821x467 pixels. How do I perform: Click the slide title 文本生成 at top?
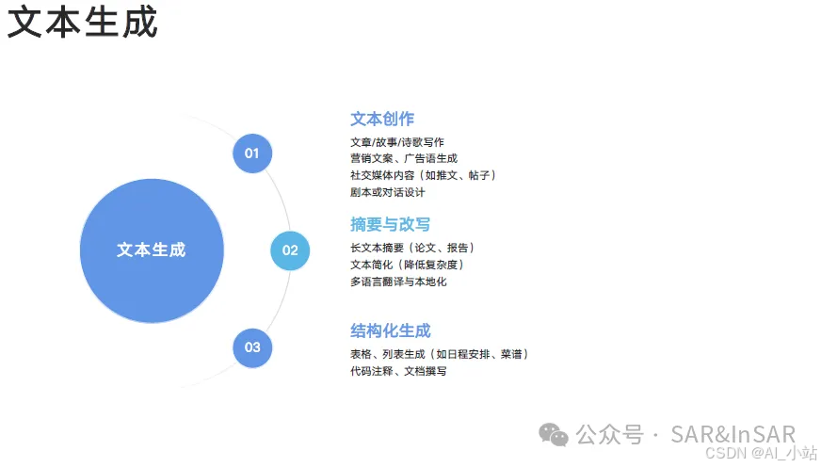83,23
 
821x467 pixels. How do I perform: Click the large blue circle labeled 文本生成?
152,250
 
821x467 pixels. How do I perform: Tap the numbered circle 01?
252,153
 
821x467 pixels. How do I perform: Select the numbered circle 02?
290,250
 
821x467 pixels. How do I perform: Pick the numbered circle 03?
252,347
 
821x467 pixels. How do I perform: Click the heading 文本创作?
382,120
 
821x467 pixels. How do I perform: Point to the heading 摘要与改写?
390,225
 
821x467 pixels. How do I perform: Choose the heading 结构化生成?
390,331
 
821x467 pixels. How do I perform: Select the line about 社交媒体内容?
423,175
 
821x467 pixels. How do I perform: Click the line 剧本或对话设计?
387,192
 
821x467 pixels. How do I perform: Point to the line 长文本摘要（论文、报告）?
412,248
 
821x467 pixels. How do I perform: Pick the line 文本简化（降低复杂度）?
407,265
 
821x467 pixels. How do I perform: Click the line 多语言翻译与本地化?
398,282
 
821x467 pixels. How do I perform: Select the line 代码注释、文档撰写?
398,371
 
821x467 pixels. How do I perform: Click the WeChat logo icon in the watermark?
554,434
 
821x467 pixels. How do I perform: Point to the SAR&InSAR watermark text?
732,434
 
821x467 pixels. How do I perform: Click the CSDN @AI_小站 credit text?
757,453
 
